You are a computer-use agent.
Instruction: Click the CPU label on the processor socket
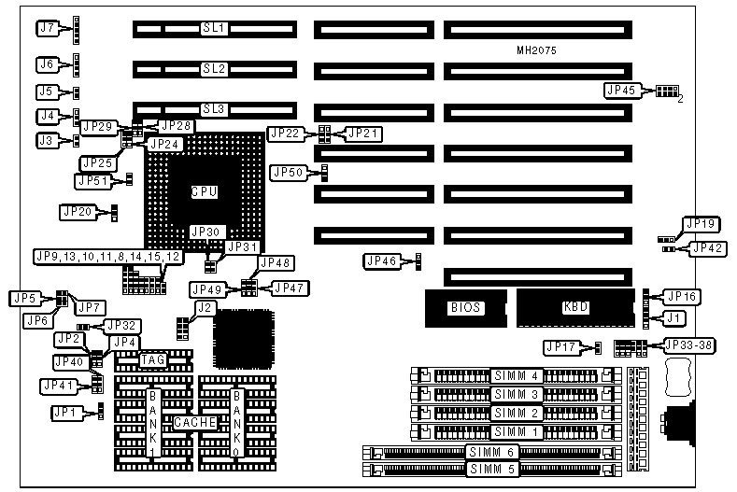tap(205, 191)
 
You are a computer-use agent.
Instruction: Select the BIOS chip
tap(463, 306)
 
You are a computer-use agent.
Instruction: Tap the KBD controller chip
tap(575, 306)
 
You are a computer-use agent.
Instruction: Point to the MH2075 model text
tap(536, 51)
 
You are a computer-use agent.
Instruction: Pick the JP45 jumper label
tap(620, 91)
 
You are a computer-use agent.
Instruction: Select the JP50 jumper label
tap(287, 172)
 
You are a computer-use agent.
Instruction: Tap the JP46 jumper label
tap(380, 262)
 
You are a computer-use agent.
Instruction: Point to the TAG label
tap(152, 358)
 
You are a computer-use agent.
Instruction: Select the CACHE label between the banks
tap(195, 422)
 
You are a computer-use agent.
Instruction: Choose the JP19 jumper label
tap(701, 224)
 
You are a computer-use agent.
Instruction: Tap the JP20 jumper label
tap(78, 212)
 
